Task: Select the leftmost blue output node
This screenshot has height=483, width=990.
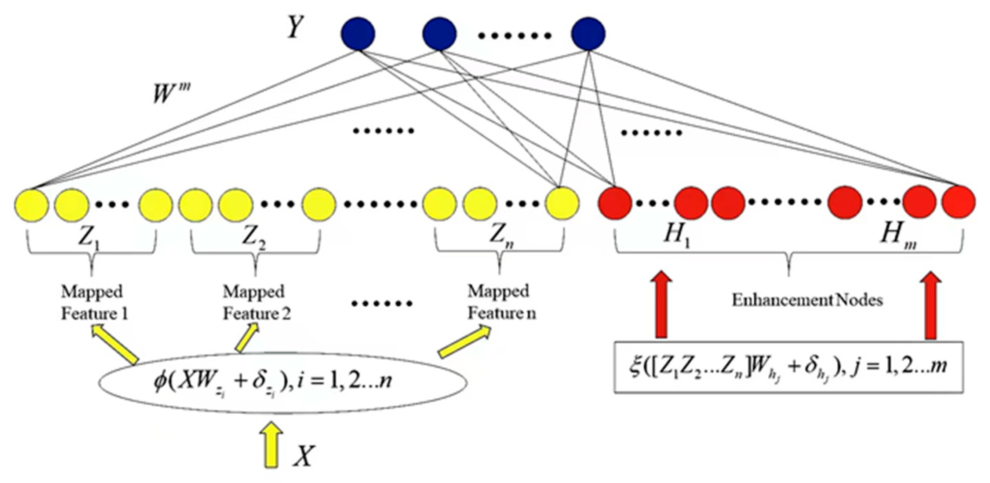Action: pyautogui.click(x=358, y=33)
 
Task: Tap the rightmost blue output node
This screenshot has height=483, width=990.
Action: pyautogui.click(x=588, y=33)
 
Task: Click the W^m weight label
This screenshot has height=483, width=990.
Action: pyautogui.click(x=171, y=93)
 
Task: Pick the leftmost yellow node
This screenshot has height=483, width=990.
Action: pyautogui.click(x=32, y=204)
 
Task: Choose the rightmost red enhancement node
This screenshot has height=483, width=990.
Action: pyautogui.click(x=958, y=202)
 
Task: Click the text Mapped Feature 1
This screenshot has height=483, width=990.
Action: pyautogui.click(x=94, y=303)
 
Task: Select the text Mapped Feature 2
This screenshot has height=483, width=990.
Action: pyautogui.click(x=256, y=303)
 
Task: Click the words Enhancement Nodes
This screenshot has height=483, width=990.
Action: pyautogui.click(x=807, y=300)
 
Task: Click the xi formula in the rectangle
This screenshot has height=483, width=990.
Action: pyautogui.click(x=788, y=367)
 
